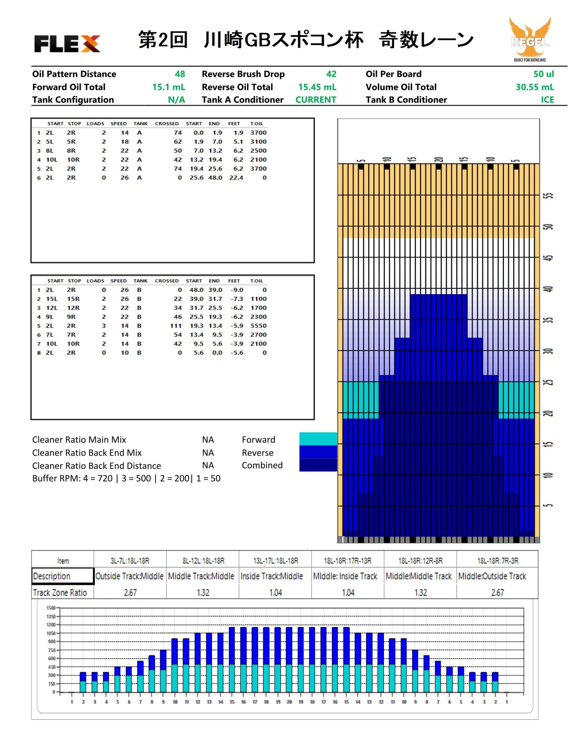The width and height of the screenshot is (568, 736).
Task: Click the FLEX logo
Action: coord(67,43)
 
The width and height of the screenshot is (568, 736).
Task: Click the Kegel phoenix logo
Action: coord(530,39)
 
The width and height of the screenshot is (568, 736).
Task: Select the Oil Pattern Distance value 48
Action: coord(180,74)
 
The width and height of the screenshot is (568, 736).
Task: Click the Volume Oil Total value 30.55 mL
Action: coord(535,87)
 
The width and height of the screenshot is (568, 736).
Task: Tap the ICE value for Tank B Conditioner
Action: coord(547,100)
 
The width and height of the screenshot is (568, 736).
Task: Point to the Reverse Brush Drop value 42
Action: coord(331,74)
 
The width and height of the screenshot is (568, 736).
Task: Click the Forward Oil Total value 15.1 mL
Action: coord(168,87)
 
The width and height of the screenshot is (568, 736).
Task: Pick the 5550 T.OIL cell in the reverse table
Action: coord(258,326)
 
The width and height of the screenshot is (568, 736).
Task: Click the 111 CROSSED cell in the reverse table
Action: coord(176,326)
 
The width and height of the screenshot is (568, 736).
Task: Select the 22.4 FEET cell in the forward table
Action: coord(236,178)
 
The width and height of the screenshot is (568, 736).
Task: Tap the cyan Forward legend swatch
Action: coord(318,439)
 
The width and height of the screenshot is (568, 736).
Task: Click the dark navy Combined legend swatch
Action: coord(318,465)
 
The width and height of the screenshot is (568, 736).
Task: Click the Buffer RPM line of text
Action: coord(126,478)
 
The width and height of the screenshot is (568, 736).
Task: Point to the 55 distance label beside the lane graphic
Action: coord(549,196)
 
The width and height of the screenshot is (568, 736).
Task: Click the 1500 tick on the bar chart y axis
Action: coord(51,607)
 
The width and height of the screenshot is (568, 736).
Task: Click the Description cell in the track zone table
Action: coord(63,576)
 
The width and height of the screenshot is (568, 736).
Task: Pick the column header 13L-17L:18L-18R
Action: coord(275,560)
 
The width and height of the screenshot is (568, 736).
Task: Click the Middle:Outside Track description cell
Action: coord(492,576)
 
